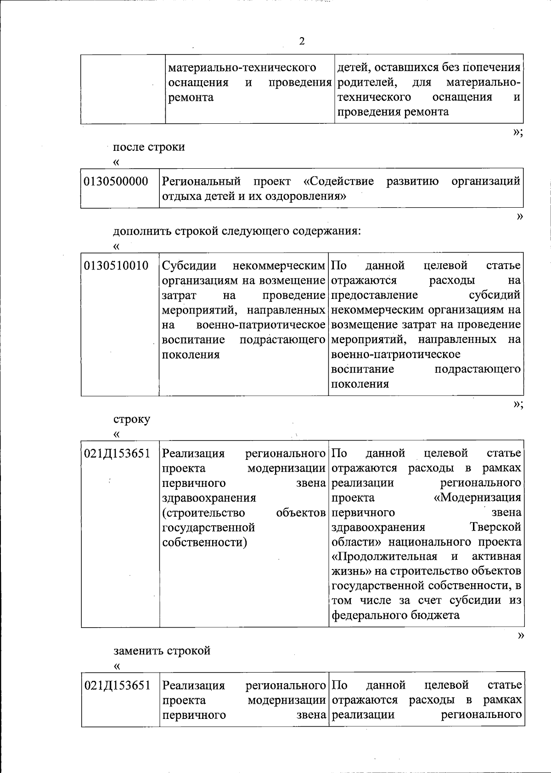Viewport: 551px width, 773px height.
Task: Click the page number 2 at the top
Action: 302,42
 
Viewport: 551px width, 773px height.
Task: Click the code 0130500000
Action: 116,182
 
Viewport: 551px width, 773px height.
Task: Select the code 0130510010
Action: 116,265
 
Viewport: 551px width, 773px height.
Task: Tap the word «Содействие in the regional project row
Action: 339,182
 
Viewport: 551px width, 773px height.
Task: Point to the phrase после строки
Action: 149,147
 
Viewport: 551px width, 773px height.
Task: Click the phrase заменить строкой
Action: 162,651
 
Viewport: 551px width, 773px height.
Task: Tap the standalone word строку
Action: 132,419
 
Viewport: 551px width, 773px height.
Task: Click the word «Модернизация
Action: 478,497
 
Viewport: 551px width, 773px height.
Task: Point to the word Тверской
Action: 495,527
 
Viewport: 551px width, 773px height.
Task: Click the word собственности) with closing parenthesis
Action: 205,542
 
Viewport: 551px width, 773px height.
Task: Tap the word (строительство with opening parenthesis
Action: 204,513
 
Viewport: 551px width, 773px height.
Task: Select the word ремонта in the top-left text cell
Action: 191,97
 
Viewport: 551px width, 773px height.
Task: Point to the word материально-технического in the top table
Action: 242,68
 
